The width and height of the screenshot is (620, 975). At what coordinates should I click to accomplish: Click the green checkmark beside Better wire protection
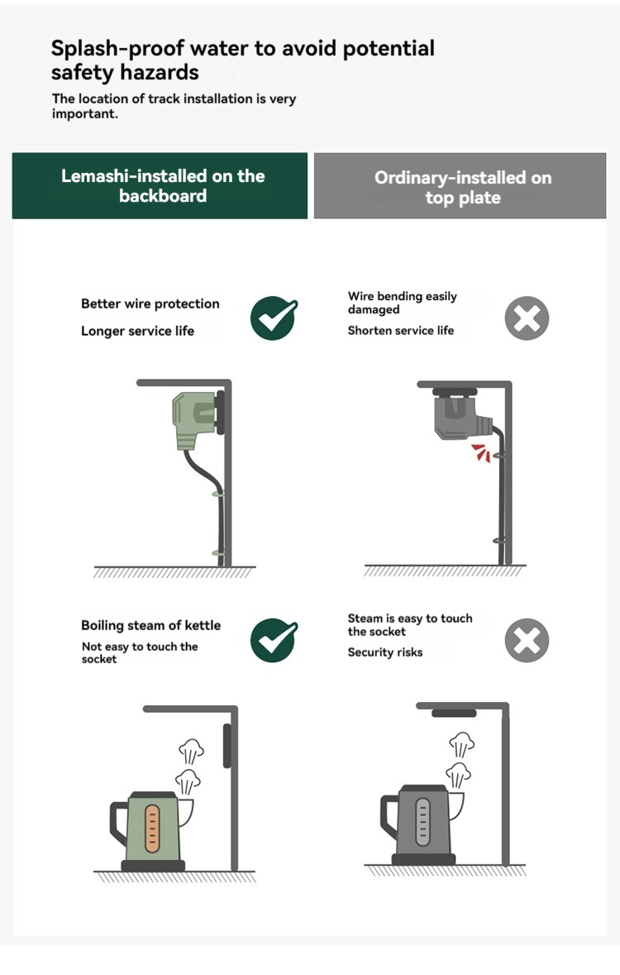(274, 318)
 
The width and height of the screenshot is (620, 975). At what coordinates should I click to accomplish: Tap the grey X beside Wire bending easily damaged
(527, 318)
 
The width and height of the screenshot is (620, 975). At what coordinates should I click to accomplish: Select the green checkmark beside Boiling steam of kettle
(274, 640)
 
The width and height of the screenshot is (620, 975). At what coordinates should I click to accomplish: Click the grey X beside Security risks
(527, 640)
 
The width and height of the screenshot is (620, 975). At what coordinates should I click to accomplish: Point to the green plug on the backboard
(194, 418)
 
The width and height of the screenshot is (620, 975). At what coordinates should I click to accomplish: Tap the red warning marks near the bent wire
(480, 452)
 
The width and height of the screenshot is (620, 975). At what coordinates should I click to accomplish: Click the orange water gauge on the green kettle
(152, 828)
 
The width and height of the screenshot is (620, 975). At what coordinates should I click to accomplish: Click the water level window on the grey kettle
(423, 822)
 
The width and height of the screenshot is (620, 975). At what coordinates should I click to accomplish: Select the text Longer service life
(137, 331)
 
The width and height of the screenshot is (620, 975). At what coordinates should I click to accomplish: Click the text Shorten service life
(400, 330)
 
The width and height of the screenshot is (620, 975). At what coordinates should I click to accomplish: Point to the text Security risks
(385, 652)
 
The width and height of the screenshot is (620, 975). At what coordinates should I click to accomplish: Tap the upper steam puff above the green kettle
(192, 751)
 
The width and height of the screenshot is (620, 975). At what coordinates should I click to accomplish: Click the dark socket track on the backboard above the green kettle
(227, 746)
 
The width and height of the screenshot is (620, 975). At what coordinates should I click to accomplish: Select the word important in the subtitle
(84, 114)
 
